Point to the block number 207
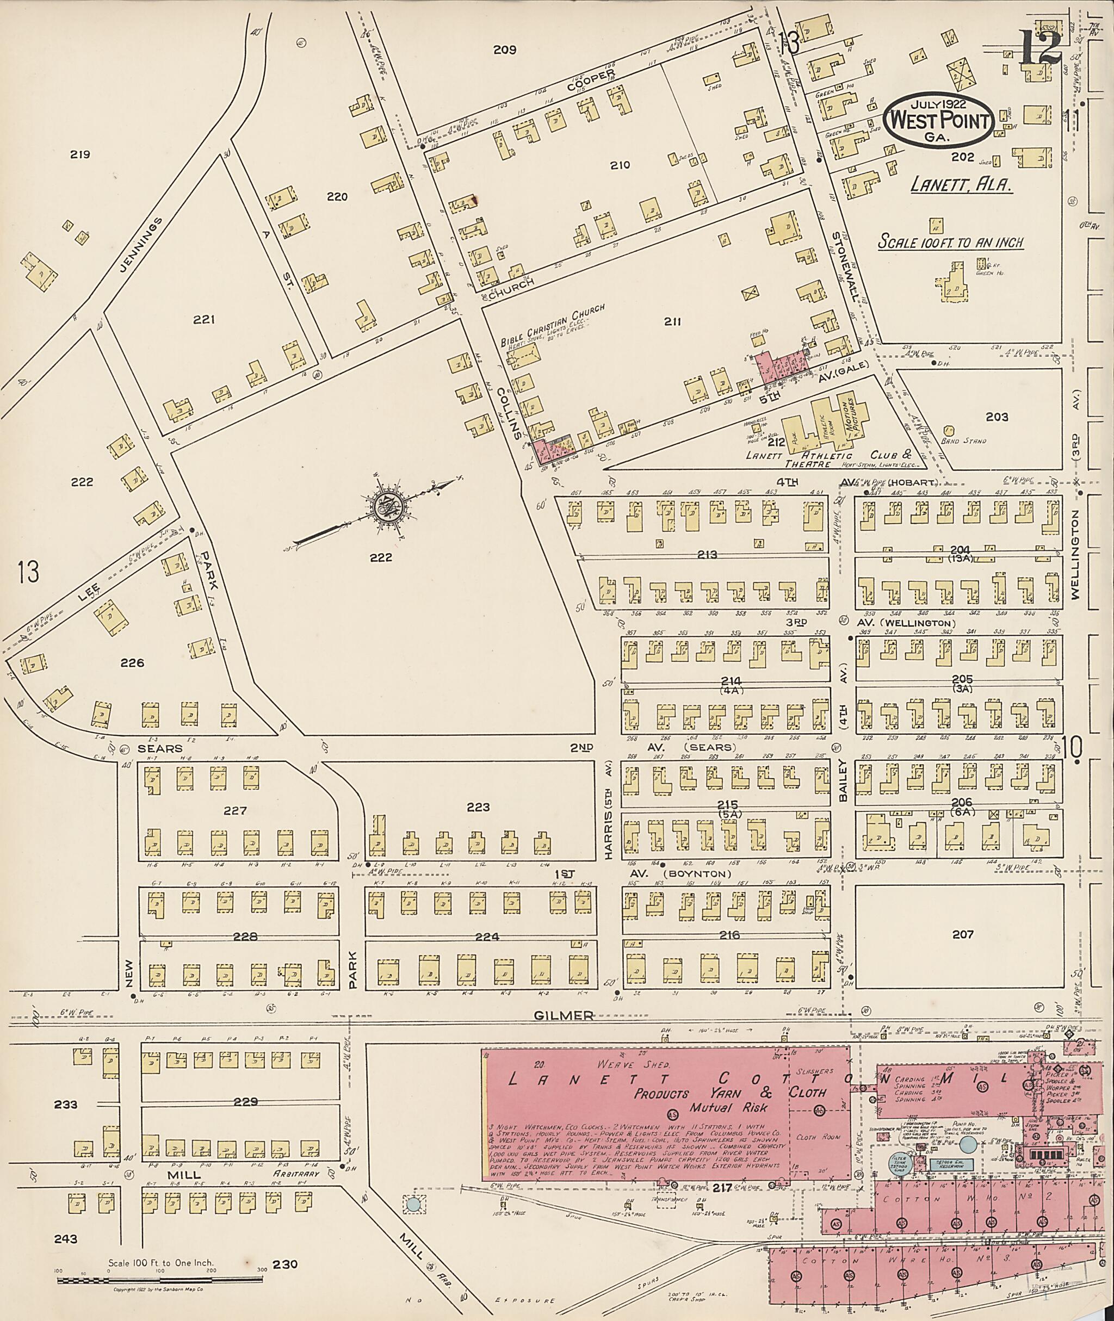[962, 934]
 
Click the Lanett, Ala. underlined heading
[962, 184]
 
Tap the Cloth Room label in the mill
[817, 1137]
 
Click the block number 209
[505, 50]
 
